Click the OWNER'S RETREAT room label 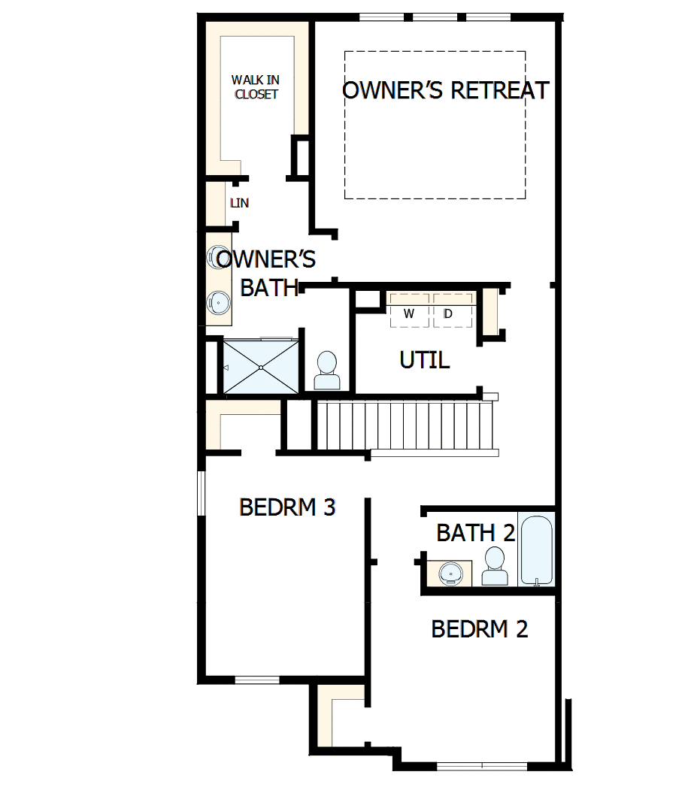[445, 90]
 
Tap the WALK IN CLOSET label [256, 87]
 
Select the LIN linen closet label [239, 203]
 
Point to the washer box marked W [409, 314]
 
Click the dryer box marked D [448, 314]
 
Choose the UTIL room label [425, 361]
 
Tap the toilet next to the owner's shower [327, 371]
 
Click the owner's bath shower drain [260, 367]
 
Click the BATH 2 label [475, 533]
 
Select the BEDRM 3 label [286, 507]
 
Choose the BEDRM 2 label [479, 628]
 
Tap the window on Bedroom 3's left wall [201, 493]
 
